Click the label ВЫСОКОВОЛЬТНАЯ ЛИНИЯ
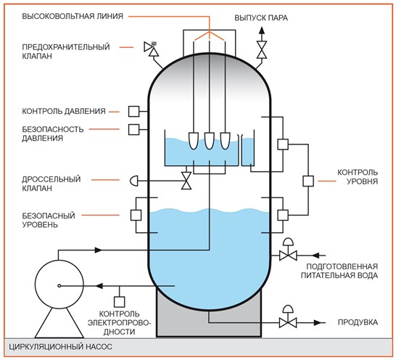[x=73, y=16]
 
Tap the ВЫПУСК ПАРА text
[x=261, y=18]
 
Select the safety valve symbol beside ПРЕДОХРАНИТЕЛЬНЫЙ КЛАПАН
[x=152, y=49]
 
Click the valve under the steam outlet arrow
[x=262, y=49]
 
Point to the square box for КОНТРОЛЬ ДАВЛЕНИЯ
[x=133, y=112]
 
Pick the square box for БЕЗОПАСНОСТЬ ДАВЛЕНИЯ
[x=133, y=129]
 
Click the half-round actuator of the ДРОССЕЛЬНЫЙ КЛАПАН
[x=134, y=181]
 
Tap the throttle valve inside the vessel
[x=186, y=181]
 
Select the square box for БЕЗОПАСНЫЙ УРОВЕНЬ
[x=136, y=215]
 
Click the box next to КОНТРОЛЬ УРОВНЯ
[x=308, y=181]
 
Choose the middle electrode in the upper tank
[x=210, y=141]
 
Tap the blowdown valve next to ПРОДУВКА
[x=288, y=317]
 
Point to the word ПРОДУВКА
[x=358, y=322]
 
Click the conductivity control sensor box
[x=119, y=302]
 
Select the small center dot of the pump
[x=59, y=286]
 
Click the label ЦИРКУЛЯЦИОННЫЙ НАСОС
[x=61, y=346]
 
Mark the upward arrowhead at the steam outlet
[x=262, y=30]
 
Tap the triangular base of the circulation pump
[x=59, y=323]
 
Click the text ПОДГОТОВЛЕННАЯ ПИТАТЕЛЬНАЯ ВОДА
[x=339, y=271]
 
